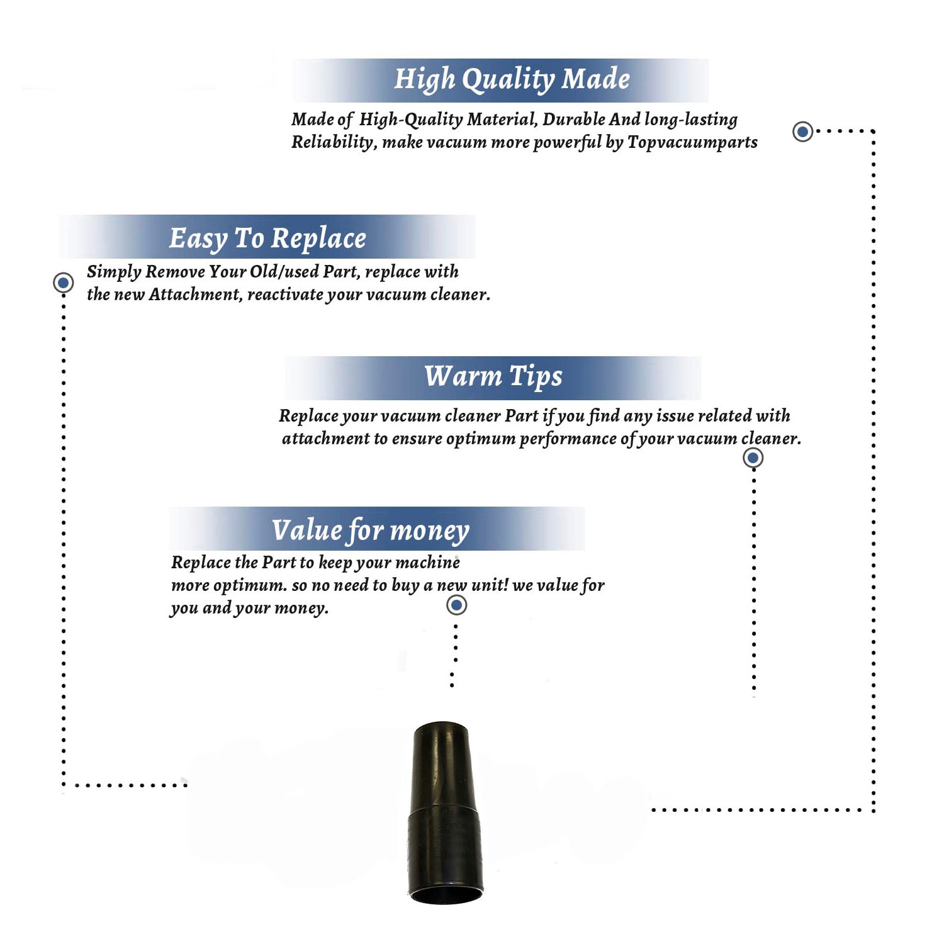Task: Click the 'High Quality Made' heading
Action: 512,80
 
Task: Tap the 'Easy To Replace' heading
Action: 267,239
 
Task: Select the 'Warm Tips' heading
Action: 493,376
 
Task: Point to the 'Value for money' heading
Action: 371,531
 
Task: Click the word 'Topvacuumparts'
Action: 692,143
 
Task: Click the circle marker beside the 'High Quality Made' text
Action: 802,132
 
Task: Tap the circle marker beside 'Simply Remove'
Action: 63,283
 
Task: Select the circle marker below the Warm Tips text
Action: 753,458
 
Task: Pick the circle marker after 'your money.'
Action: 456,605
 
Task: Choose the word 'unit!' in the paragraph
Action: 490,585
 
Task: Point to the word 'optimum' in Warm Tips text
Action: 480,439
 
